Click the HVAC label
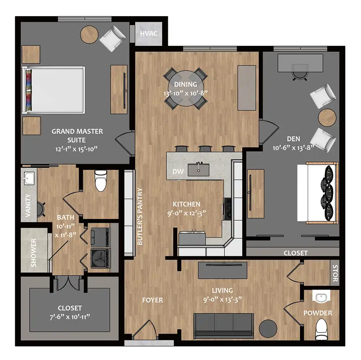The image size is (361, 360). pyautogui.click(x=149, y=34)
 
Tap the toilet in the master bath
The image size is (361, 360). pyautogui.click(x=101, y=181)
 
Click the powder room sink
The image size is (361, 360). pyautogui.click(x=321, y=298)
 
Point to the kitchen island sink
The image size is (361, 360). pyautogui.click(x=199, y=169)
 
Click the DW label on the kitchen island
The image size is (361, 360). pyautogui.click(x=178, y=172)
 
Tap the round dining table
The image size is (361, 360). pyautogui.click(x=186, y=88)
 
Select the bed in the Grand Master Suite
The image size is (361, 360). pyautogui.click(x=53, y=90)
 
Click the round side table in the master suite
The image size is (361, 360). pyautogui.click(x=89, y=34)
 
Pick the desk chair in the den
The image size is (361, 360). pyautogui.click(x=300, y=72)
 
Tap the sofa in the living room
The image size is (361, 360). pyautogui.click(x=223, y=326)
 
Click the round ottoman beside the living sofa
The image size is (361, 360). pyautogui.click(x=268, y=329)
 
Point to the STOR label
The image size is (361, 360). pyautogui.click(x=335, y=273)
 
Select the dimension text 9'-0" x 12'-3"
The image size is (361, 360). pyautogui.click(x=187, y=213)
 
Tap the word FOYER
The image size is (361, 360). pyautogui.click(x=152, y=300)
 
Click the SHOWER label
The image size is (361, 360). pyautogui.click(x=34, y=253)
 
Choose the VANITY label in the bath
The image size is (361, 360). pyautogui.click(x=28, y=205)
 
